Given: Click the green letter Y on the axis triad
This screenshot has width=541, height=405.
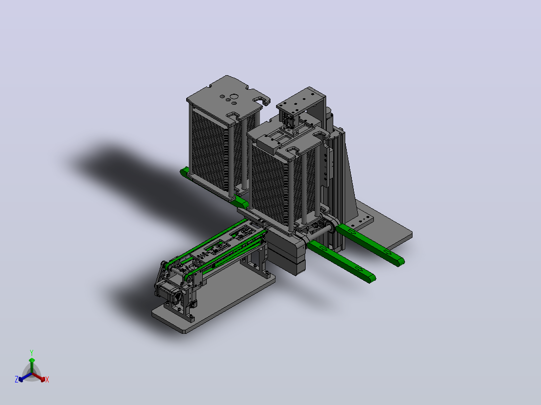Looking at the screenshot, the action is pos(32,352).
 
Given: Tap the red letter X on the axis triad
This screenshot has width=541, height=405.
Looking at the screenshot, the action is pos(47,379).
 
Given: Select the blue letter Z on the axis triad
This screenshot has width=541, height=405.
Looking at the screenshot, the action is pos(16,379).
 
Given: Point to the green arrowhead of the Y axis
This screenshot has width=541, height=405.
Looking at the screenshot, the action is pos(32,360).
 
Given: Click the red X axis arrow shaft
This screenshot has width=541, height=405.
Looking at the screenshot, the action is pos(37,376).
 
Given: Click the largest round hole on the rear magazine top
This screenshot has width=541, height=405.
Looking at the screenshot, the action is pos(233,97).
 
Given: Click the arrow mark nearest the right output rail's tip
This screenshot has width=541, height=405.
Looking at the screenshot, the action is pos(387,253).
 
